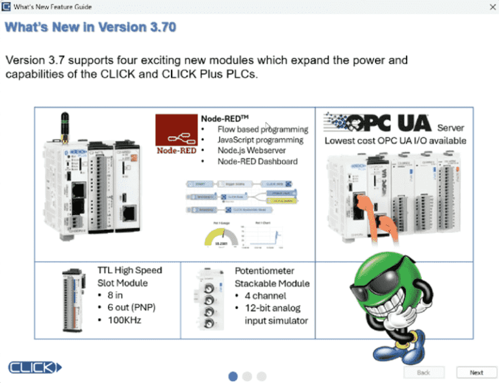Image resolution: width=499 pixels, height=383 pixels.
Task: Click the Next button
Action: [x=476, y=373]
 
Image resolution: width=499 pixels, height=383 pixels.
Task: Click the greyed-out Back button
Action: [x=423, y=373]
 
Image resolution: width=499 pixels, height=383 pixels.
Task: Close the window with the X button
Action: [x=489, y=6]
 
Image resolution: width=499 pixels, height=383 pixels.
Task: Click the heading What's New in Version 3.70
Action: [x=90, y=28]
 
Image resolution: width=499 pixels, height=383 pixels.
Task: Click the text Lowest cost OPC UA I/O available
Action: [x=395, y=140]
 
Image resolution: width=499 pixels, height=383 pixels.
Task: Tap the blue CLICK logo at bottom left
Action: [x=34, y=367]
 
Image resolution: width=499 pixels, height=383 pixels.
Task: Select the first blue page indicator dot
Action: [x=233, y=376]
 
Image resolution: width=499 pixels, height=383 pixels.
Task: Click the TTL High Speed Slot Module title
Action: [x=129, y=277]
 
